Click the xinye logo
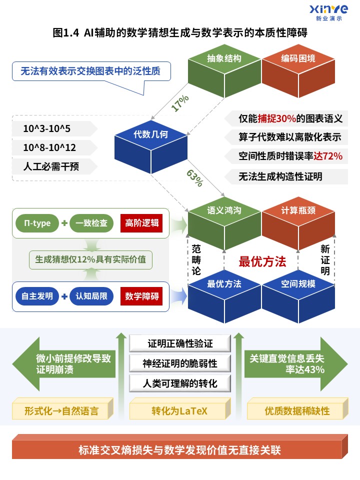[x=328, y=13]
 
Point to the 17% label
[x=180, y=103]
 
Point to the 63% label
[x=195, y=178]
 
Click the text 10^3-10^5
[x=47, y=128]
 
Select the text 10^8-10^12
[x=49, y=147]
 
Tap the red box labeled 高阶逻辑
[x=141, y=223]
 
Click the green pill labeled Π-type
[x=37, y=223]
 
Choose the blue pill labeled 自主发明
[x=37, y=296]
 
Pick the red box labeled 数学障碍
[x=141, y=296]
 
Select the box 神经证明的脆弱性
[x=180, y=363]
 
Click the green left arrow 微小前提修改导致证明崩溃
[x=64, y=364]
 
